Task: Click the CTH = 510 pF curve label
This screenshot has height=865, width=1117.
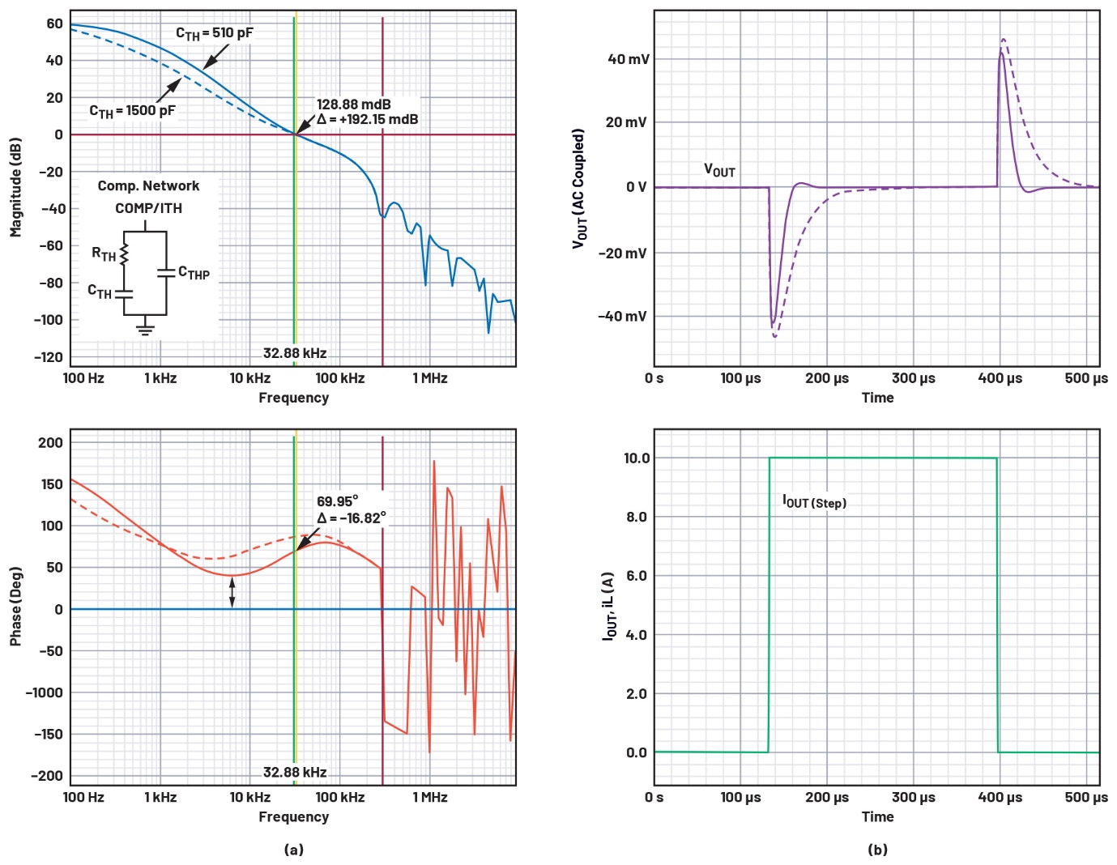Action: [x=215, y=33]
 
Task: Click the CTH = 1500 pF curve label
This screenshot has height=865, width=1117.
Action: [x=132, y=111]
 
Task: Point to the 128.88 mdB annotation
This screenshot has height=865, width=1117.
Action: [x=353, y=104]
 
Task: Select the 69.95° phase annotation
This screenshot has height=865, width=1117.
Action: [x=337, y=501]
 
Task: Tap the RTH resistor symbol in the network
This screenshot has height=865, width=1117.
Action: [x=124, y=254]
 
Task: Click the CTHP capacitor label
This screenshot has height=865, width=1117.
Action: [x=194, y=273]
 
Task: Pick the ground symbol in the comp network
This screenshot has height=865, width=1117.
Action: [x=146, y=328]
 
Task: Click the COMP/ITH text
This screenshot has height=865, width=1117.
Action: [x=148, y=208]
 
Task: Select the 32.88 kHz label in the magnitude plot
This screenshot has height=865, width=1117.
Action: [x=295, y=353]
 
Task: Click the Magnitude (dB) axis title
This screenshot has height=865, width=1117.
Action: [x=15, y=187]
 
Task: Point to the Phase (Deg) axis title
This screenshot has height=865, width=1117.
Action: [x=15, y=606]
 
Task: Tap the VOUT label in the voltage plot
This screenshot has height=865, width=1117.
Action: [x=719, y=170]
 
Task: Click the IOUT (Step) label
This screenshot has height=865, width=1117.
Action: [x=814, y=502]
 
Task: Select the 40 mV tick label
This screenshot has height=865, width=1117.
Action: [x=629, y=59]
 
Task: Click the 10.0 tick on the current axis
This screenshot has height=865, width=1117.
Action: [x=637, y=458]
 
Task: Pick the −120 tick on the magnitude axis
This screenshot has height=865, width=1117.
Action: [x=48, y=357]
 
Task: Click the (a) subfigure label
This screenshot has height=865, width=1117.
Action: [x=294, y=849]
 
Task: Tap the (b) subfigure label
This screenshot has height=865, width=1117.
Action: [x=877, y=849]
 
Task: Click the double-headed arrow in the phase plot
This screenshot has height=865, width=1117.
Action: [x=232, y=591]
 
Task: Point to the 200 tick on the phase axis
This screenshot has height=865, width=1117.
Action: [x=50, y=442]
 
